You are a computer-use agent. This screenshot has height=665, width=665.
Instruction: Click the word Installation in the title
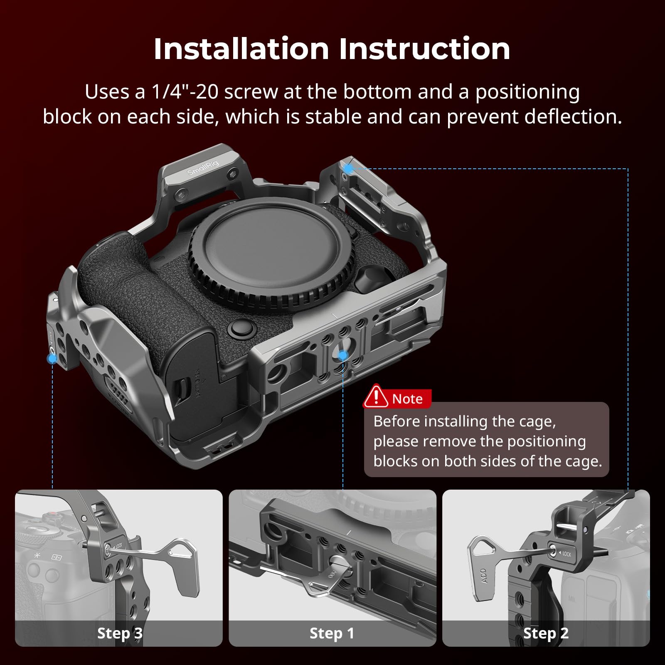click(241, 49)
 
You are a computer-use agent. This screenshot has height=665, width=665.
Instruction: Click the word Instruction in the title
click(424, 49)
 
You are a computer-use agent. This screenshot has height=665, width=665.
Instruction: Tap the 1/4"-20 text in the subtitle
click(185, 91)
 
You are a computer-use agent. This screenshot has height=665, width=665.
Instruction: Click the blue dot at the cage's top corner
click(349, 168)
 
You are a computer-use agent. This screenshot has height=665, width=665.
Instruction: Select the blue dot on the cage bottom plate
click(343, 355)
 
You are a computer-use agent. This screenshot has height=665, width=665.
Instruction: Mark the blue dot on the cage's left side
click(52, 358)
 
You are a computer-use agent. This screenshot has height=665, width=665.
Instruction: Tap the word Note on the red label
click(407, 399)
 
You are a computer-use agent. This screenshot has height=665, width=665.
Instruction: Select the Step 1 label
click(332, 633)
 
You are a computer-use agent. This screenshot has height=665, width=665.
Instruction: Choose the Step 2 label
click(546, 633)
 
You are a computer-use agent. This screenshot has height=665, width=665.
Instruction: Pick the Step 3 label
click(120, 633)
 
